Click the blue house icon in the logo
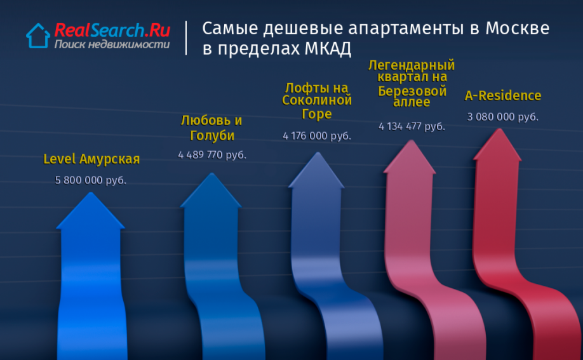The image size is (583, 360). (x=38, y=36)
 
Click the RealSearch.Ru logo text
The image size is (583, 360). (x=112, y=30)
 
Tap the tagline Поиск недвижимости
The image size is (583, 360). (x=112, y=44)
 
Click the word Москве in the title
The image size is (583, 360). (x=517, y=29)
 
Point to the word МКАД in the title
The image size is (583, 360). (x=328, y=49)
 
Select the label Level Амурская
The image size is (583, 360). (x=91, y=159)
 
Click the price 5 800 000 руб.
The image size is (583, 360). (x=91, y=180)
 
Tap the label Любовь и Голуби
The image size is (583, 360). (x=211, y=128)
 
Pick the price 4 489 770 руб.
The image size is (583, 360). (x=212, y=155)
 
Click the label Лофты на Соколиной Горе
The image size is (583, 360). (x=317, y=101)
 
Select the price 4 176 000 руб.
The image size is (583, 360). (x=317, y=136)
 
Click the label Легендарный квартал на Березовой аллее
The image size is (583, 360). (x=412, y=83)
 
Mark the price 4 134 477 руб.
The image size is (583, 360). (x=412, y=126)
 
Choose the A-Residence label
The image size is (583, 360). (x=503, y=96)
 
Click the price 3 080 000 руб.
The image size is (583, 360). (x=503, y=117)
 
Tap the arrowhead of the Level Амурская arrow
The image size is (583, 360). (x=90, y=212)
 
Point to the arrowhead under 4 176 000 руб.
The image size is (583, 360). (x=317, y=171)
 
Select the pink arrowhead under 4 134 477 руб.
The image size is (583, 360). (x=410, y=157)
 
